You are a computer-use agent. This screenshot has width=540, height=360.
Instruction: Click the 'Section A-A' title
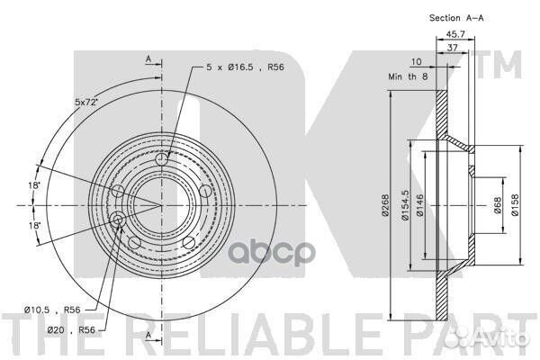456,18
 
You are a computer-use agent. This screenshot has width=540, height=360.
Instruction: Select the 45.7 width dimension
455,34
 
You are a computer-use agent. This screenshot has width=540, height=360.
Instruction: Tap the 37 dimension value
452,48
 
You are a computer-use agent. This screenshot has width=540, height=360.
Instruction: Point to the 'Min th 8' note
408,76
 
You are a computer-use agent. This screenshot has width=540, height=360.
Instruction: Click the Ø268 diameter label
385,205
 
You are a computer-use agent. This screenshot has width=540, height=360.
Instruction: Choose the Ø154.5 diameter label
405,205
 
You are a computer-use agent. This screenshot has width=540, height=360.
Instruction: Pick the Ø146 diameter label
419,205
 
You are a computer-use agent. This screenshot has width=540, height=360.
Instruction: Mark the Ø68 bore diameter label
498,205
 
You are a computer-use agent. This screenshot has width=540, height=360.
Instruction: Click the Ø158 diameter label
515,205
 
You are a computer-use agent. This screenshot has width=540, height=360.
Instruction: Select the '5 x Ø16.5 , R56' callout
245,67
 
